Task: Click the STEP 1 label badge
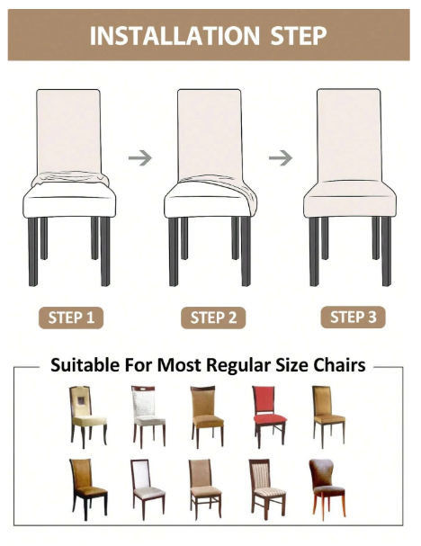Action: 71,318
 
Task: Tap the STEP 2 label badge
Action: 213,318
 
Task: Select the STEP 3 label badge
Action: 354,317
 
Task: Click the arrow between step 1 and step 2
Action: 140,158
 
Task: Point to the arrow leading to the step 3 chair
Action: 281,158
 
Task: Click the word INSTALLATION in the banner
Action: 175,35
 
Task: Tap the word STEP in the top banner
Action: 299,35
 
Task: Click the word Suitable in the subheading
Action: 85,365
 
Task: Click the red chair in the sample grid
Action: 269,416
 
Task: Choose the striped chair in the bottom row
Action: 267,489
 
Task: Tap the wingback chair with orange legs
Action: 327,489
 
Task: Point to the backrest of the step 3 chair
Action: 349,135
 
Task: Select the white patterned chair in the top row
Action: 148,416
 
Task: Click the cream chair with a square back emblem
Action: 88,416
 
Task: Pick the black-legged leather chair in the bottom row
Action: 88,489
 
